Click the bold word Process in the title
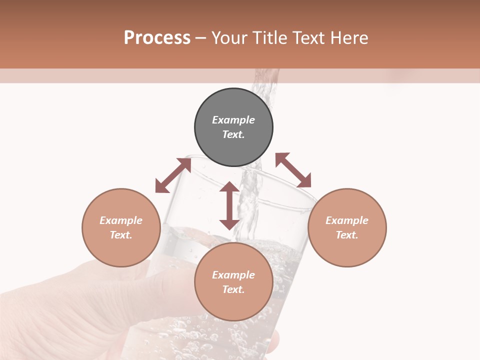[157, 38]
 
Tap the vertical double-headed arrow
[229, 205]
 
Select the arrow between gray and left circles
[173, 175]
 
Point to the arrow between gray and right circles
[293, 170]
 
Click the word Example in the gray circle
[233, 120]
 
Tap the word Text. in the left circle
[121, 235]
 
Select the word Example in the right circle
[347, 220]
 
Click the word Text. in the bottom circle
[233, 289]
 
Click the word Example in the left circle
[121, 220]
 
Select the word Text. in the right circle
[347, 235]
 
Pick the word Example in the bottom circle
[233, 275]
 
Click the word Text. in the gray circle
[233, 134]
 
